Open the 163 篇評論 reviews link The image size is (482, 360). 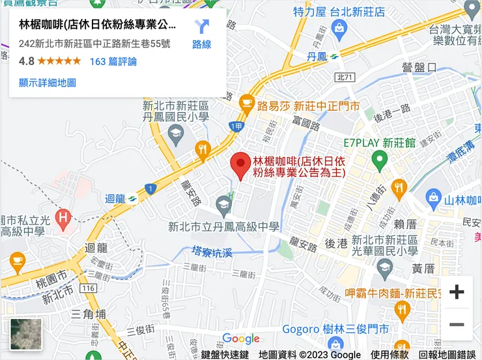tap(113, 62)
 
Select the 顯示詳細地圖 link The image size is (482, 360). tap(48, 83)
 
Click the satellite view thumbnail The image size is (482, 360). tap(26, 334)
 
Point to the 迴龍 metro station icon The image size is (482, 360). tap(132, 199)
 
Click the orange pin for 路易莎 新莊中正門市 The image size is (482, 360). tap(246, 102)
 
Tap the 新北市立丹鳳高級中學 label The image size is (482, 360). tap(223, 227)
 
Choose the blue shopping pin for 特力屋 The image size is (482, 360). tap(339, 27)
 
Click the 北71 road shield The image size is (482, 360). tap(345, 77)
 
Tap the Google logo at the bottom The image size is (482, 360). tap(241, 339)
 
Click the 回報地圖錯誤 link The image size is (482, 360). tap(448, 355)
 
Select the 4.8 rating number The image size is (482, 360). tap(27, 62)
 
